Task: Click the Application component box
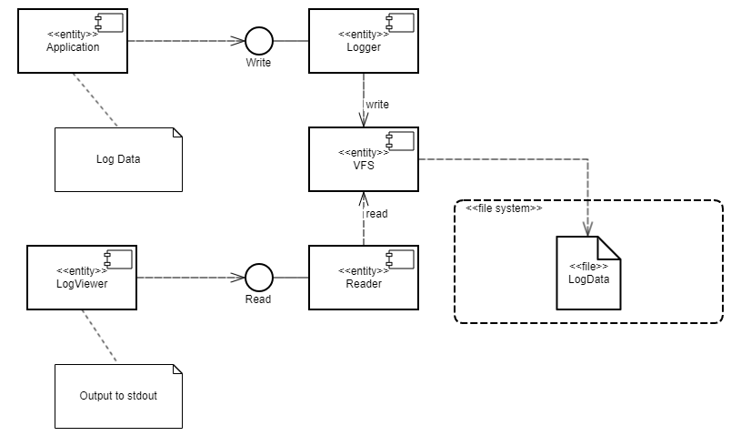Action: [73, 41]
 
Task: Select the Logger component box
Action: [363, 41]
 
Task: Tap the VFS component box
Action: [363, 159]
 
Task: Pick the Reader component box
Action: [363, 277]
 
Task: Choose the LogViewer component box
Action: [82, 277]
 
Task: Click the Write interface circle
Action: [259, 41]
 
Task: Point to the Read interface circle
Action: [259, 277]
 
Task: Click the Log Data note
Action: [117, 159]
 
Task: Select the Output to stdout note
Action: [117, 397]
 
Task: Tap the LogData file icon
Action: [588, 272]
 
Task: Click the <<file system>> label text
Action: [504, 208]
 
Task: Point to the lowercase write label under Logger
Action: [377, 104]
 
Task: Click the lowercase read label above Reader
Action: [376, 214]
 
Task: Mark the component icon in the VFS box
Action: [399, 139]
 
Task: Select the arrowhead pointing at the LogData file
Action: [588, 228]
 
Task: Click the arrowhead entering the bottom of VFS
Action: [363, 198]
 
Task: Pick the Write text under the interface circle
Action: [259, 65]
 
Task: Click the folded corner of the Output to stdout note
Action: [176, 370]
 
